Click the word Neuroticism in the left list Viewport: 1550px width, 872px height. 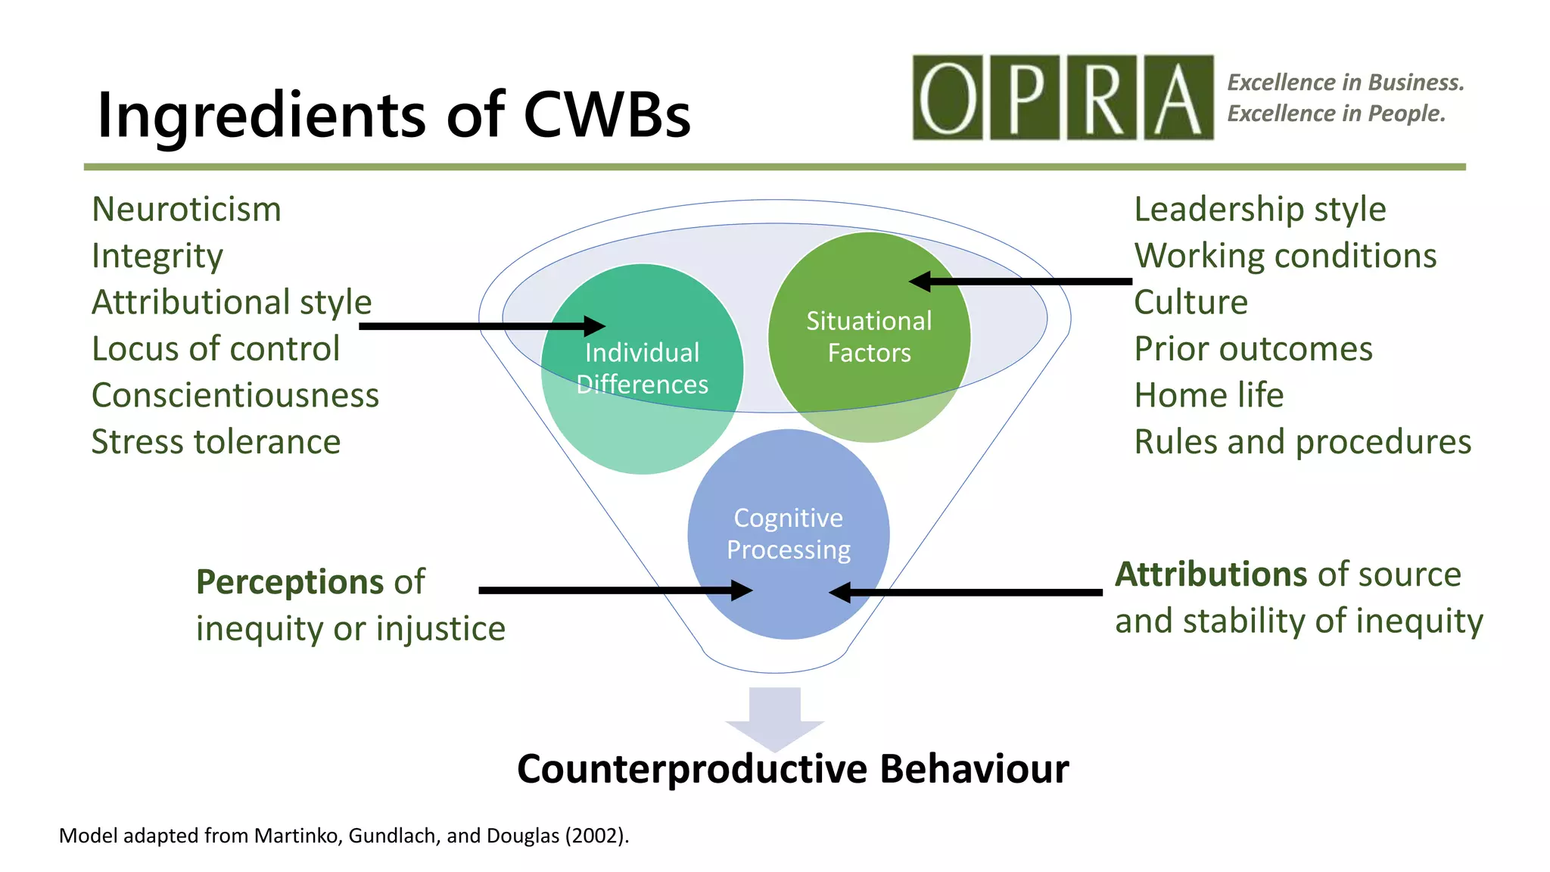click(x=186, y=210)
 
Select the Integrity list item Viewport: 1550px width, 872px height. click(x=157, y=257)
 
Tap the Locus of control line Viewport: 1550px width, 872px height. click(x=216, y=349)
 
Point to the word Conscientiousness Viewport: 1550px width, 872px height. click(x=235, y=396)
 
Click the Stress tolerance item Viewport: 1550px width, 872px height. click(x=216, y=442)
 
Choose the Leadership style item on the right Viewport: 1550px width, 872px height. click(x=1259, y=210)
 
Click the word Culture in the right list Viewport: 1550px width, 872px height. click(x=1190, y=303)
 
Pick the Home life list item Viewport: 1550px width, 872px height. click(x=1209, y=396)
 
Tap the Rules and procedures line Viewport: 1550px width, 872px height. click(x=1303, y=442)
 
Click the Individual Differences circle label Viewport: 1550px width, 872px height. click(x=642, y=369)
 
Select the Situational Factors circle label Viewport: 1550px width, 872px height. click(x=869, y=337)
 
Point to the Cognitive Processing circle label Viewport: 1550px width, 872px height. click(x=788, y=534)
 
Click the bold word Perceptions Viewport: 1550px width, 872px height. click(x=290, y=582)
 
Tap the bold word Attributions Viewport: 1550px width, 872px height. click(x=1210, y=575)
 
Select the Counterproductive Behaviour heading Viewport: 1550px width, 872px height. click(x=792, y=769)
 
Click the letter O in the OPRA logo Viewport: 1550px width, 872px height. click(x=948, y=98)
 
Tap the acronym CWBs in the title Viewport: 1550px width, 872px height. click(x=606, y=115)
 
